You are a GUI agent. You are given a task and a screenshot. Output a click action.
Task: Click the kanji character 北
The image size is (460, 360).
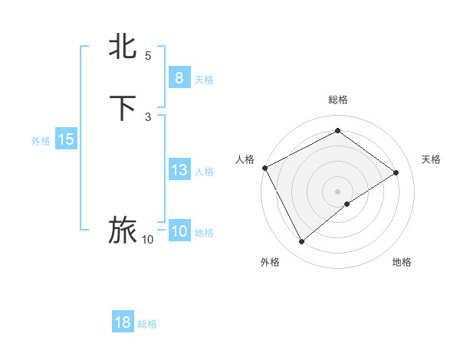pyautogui.click(x=123, y=47)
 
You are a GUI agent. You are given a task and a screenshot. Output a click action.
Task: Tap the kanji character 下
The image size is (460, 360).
pyautogui.click(x=123, y=108)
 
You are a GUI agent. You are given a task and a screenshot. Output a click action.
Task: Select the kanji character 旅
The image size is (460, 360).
pyautogui.click(x=123, y=231)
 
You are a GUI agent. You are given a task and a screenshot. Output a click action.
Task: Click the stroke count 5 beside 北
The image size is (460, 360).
pyautogui.click(x=148, y=56)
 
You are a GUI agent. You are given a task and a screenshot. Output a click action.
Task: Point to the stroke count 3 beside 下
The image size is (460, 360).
pyautogui.click(x=148, y=116)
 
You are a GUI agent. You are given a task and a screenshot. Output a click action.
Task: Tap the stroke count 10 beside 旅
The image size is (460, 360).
pyautogui.click(x=148, y=240)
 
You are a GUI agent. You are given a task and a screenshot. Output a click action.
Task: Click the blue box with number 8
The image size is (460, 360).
pyautogui.click(x=179, y=78)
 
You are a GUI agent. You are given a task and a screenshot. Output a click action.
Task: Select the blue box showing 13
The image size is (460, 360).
pyautogui.click(x=179, y=170)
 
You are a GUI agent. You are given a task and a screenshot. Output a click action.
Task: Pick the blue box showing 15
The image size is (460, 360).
pyautogui.click(x=66, y=139)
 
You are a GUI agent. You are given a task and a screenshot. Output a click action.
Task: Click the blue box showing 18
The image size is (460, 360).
pyautogui.click(x=123, y=322)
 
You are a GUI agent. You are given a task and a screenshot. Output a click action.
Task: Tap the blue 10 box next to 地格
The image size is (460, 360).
pyautogui.click(x=179, y=231)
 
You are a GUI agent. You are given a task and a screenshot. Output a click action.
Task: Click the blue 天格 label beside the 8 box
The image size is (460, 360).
pyautogui.click(x=204, y=80)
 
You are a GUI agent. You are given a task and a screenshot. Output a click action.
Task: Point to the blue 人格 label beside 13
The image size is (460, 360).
pyautogui.click(x=204, y=172)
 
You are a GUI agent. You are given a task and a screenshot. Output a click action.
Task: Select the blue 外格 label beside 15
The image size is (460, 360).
pyautogui.click(x=41, y=141)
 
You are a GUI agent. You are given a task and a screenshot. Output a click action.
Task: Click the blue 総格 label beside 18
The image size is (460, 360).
pyautogui.click(x=147, y=324)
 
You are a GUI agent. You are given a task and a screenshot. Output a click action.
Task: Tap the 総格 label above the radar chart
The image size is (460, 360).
pyautogui.click(x=337, y=100)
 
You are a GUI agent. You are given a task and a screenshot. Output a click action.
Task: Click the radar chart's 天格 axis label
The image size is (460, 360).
pyautogui.click(x=431, y=159)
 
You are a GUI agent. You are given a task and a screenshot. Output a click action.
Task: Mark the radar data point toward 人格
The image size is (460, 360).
pyautogui.click(x=264, y=168)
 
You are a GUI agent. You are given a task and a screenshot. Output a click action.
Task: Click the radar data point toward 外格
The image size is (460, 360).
pyautogui.click(x=301, y=242)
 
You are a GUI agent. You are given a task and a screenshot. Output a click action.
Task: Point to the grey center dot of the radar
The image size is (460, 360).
pyautogui.click(x=337, y=191)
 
